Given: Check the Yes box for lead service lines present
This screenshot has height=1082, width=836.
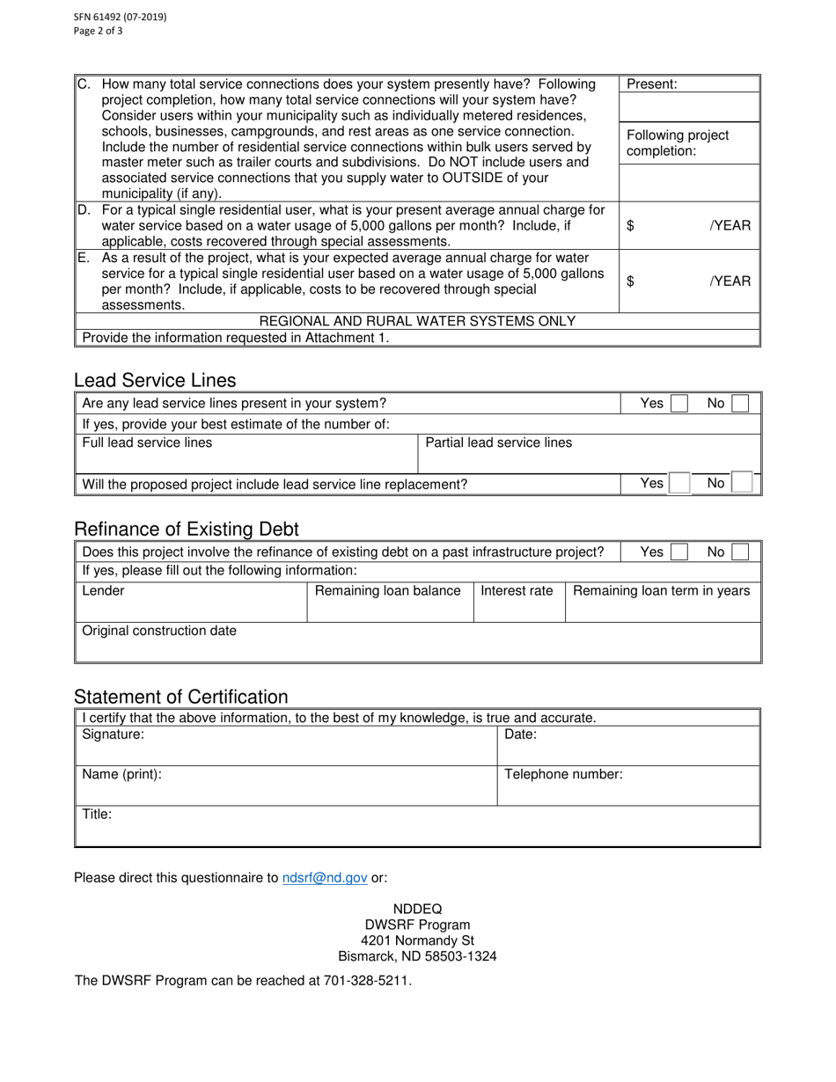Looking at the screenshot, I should click(x=679, y=404).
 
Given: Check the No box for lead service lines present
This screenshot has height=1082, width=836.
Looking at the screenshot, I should click(x=741, y=404).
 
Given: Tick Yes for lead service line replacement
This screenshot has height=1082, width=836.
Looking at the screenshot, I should click(x=679, y=484).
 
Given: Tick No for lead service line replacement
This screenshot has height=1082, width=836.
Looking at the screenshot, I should click(x=742, y=484).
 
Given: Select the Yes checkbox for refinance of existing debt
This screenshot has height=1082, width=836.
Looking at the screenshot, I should click(x=679, y=552).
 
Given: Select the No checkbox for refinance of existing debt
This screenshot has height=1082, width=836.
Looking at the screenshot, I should click(x=741, y=552).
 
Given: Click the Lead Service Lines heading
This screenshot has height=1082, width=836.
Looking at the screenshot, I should click(x=155, y=380).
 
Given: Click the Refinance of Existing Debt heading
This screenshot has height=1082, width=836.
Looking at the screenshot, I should click(x=187, y=530).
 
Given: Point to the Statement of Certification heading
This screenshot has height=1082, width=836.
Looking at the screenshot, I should click(x=180, y=698).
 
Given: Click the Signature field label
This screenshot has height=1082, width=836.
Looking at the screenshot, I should click(x=114, y=735).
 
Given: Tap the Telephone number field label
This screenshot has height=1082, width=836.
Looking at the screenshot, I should click(x=563, y=775).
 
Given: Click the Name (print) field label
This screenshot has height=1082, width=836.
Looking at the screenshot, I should click(x=121, y=775).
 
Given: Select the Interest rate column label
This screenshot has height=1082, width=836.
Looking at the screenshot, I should click(x=517, y=591).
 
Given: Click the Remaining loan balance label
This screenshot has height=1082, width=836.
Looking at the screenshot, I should click(x=388, y=591).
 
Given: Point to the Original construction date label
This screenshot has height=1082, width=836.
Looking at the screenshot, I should click(x=159, y=631).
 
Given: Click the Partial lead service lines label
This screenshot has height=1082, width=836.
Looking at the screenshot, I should click(x=498, y=442).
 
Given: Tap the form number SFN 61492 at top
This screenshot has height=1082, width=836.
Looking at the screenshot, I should click(x=88, y=17).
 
